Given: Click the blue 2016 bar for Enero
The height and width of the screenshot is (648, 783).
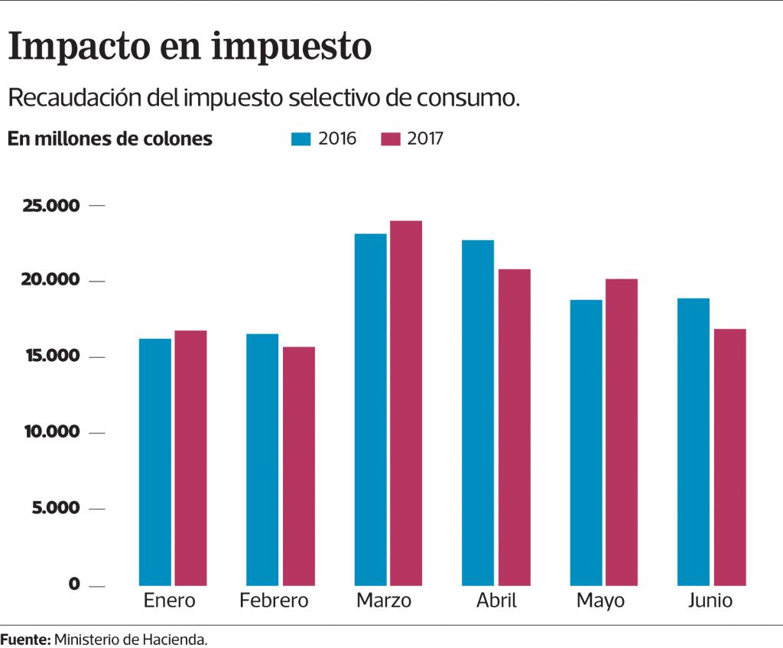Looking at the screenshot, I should tap(154, 462).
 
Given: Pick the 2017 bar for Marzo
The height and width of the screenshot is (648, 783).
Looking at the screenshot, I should tap(406, 403).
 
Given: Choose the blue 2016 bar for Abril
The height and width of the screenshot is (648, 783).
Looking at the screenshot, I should tap(478, 413).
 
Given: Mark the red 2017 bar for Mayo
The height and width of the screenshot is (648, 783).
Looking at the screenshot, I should tap(622, 432).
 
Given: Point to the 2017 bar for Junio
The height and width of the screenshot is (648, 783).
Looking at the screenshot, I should tap(729, 457).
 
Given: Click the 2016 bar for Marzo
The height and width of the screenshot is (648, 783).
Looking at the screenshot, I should tap(370, 409).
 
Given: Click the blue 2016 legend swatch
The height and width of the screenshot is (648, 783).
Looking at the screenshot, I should tap(301, 139).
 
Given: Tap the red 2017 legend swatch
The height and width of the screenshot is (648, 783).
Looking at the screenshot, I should tap(391, 139).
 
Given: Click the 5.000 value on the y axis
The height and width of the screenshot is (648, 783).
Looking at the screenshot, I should tap(55, 508).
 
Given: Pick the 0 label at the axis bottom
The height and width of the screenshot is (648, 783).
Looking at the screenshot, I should tap(74, 584).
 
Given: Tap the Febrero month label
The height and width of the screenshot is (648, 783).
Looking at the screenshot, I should tap(274, 601).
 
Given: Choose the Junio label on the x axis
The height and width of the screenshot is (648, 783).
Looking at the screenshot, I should tap(710, 601).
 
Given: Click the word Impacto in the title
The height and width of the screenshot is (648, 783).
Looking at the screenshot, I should tap(79, 47).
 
